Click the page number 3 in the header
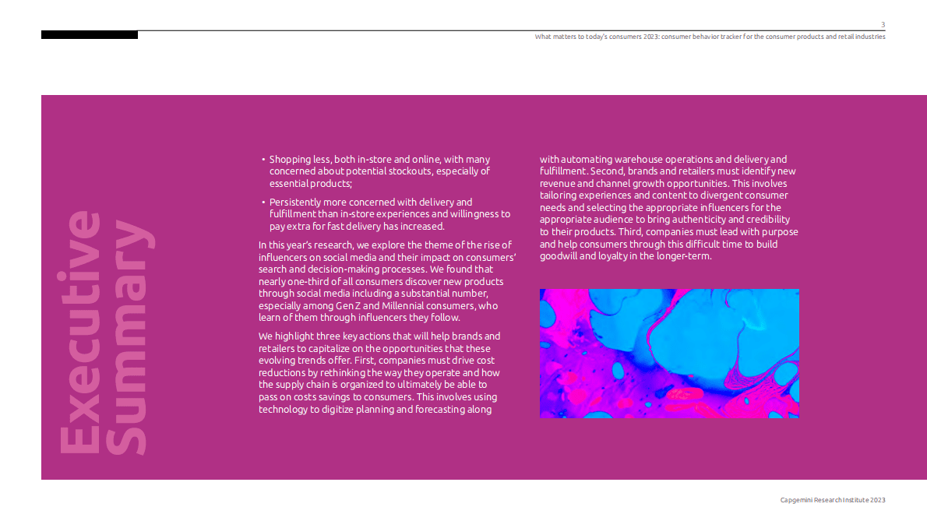tap(883, 25)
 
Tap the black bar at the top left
tap(90, 35)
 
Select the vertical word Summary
tap(126, 339)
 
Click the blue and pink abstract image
tap(669, 354)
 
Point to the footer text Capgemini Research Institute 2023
tap(833, 500)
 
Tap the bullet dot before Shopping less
tap(263, 160)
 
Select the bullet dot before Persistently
tap(263, 202)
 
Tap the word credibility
tap(764, 220)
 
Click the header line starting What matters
tap(710, 37)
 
